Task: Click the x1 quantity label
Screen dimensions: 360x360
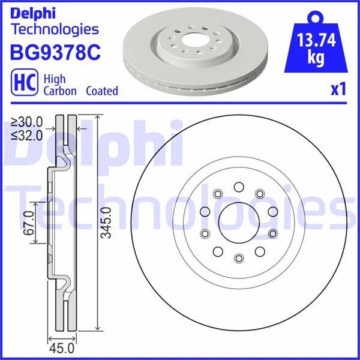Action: tap(338, 90)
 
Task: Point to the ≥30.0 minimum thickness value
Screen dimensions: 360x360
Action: tap(27, 122)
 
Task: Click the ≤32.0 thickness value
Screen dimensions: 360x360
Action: tap(27, 135)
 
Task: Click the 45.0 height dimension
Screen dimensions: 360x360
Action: tap(61, 348)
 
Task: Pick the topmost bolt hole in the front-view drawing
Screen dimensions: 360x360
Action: tap(239, 186)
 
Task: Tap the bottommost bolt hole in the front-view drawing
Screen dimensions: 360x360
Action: tap(239, 258)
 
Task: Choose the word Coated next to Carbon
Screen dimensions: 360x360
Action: tap(101, 91)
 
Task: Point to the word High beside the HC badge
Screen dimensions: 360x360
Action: tap(56, 79)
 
